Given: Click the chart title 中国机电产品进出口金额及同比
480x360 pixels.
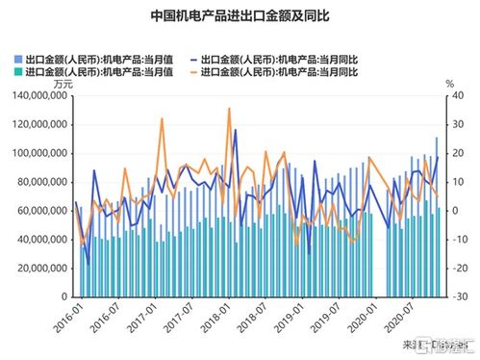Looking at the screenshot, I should click(x=240, y=16).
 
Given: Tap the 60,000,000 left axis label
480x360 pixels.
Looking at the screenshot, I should click(x=37, y=210).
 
